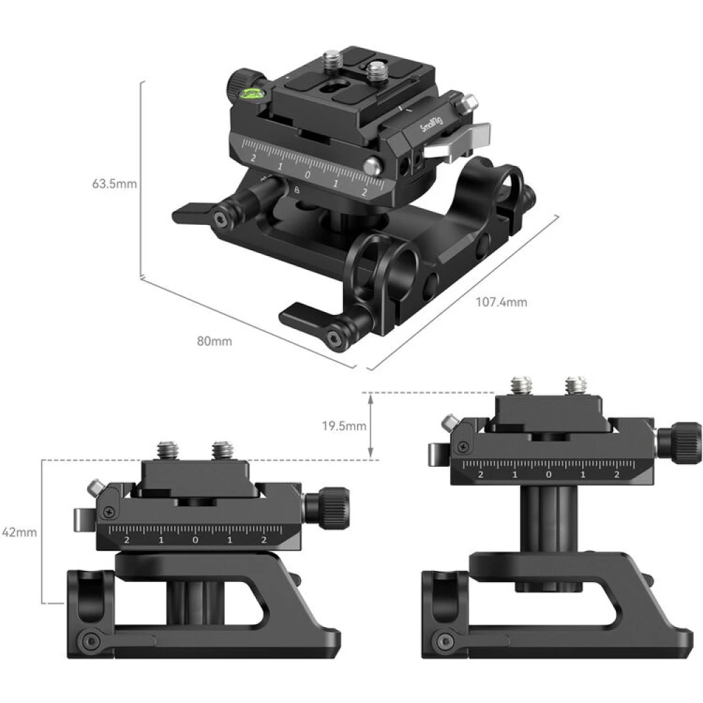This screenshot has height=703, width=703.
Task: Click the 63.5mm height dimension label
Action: (114, 185)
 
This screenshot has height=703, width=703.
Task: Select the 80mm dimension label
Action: (214, 342)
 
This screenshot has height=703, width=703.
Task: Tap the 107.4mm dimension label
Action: (501, 303)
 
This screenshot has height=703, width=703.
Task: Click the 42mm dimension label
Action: (19, 532)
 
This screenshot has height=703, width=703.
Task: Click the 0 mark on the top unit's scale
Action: (307, 174)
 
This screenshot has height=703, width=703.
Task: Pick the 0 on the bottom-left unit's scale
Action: (195, 540)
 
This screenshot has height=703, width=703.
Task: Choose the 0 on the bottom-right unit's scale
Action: (548, 475)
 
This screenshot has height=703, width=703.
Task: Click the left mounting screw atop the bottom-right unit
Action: (522, 385)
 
